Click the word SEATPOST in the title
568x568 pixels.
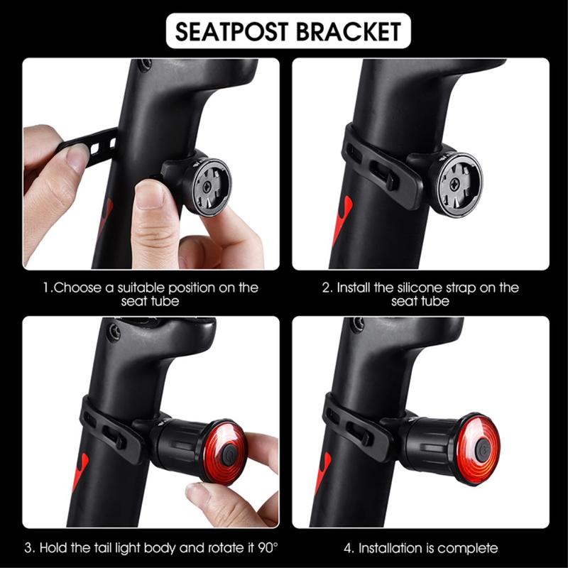pyautogui.click(x=232, y=31)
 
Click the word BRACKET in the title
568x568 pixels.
pyautogui.click(x=349, y=31)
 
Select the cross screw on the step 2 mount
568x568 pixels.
pyautogui.click(x=454, y=185)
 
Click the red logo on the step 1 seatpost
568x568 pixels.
pyautogui.click(x=105, y=217)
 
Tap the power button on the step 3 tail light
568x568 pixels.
pyautogui.click(x=229, y=454)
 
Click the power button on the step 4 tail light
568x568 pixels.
pyautogui.click(x=482, y=450)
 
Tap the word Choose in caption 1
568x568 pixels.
pyautogui.click(x=77, y=288)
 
